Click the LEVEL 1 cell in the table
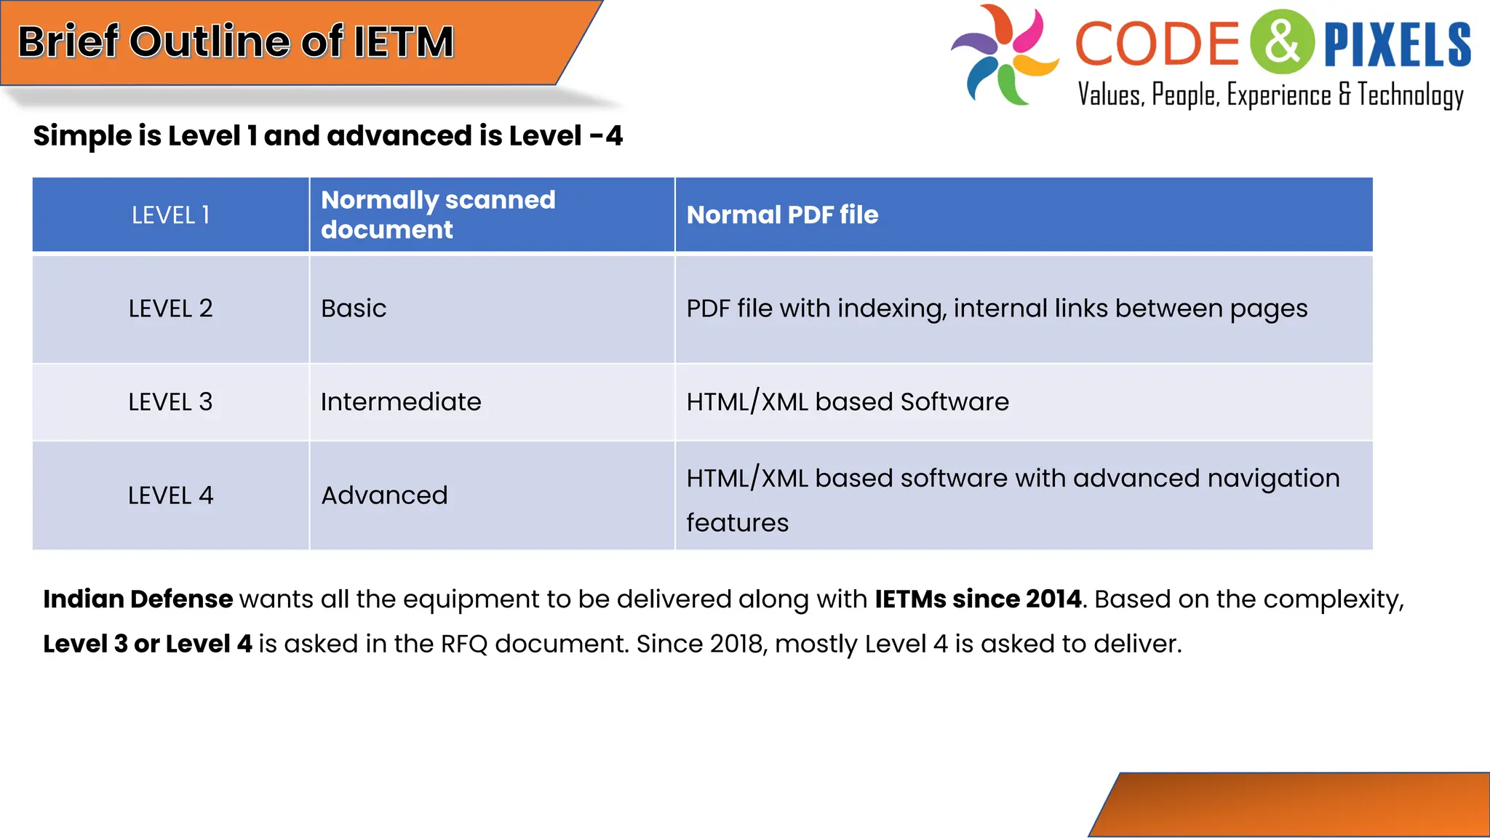coord(170,215)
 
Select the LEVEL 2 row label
coord(170,308)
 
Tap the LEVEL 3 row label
coord(170,402)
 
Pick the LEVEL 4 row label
coord(170,495)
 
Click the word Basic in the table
coord(354,308)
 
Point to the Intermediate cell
coord(401,402)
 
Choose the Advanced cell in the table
coord(384,495)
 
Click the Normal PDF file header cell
coord(782,215)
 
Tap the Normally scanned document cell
coord(438,215)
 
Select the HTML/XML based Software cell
coord(848,402)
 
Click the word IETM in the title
coord(404,41)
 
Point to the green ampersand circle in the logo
coord(1282,42)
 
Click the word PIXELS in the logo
coord(1397,45)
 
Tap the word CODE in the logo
coord(1157,44)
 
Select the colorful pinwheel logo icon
coord(1004,55)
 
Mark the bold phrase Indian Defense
coord(138,599)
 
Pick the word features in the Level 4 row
coord(737,523)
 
